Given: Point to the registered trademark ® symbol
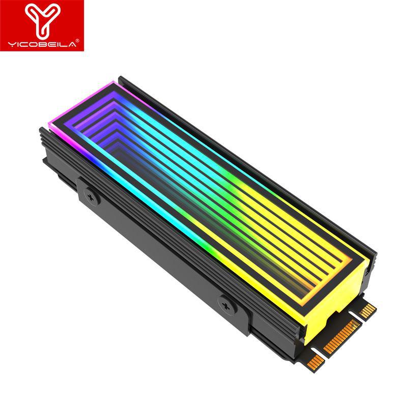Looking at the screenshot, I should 78,41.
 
